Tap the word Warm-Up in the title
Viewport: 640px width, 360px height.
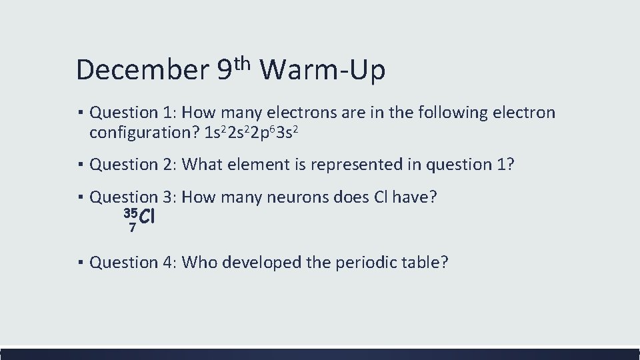[323, 70]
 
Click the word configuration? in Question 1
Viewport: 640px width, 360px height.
[145, 132]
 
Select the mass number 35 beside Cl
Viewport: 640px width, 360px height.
[130, 213]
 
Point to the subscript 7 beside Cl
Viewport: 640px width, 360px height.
[133, 227]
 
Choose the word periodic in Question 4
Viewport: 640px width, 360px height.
[357, 262]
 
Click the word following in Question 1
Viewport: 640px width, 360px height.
[452, 113]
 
